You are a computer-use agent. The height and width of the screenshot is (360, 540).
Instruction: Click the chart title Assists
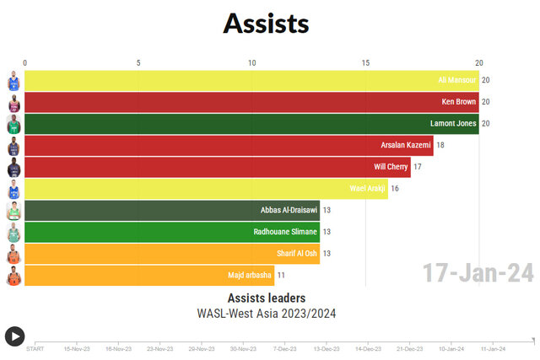pos(266,23)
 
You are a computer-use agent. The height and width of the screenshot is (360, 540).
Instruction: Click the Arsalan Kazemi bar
pos(229,146)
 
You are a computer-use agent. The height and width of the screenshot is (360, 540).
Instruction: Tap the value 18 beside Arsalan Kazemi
pos(440,146)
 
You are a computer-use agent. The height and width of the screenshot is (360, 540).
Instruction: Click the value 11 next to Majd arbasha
pos(282,276)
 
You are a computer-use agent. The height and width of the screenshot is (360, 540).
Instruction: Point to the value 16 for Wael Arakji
pos(395,189)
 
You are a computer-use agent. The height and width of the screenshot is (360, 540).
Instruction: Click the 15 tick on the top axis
pos(365,63)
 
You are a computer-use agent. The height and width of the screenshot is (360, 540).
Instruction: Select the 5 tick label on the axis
pos(138,63)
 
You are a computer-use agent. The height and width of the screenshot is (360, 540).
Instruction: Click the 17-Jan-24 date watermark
pos(478,273)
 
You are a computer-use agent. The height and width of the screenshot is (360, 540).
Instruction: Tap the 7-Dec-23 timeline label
pos(283,348)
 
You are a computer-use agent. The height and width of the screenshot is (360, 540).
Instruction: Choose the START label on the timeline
pos(35,348)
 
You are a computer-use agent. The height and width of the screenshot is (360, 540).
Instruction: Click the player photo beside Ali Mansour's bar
pos(13,82)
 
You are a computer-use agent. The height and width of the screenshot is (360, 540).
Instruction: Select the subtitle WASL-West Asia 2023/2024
pos(266,313)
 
